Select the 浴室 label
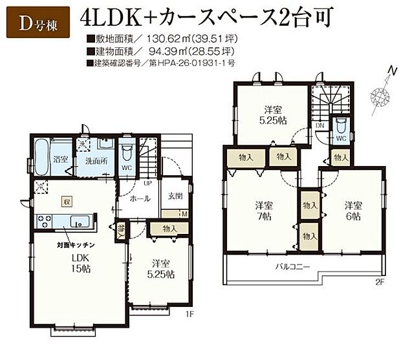[61, 158]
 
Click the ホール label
[141, 199]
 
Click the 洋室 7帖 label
[263, 211]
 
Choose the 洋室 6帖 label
[352, 211]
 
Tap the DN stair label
[320, 127]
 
